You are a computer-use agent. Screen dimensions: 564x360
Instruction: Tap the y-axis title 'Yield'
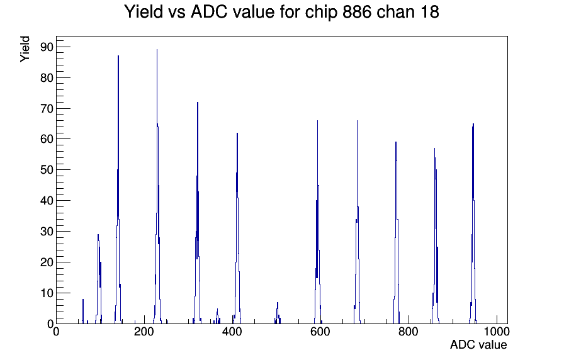pos(25,49)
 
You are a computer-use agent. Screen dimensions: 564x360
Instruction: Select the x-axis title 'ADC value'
pos(478,344)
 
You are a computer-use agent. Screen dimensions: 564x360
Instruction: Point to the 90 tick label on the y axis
pos(47,47)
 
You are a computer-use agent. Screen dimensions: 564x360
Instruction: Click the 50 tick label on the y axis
pos(47,170)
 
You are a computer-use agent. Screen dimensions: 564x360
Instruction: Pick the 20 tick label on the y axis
pos(47,262)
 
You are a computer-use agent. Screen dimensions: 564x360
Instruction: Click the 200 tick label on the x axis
pos(144,331)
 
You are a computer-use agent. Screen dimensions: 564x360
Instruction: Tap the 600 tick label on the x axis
pos(320,331)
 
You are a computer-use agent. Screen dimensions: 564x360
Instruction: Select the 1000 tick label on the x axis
pos(497,331)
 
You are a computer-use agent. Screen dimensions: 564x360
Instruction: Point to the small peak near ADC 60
pos(82,312)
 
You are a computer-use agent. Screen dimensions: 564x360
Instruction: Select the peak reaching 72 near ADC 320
pos(198,213)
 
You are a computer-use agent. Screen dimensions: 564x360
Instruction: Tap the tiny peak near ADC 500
pos(278,313)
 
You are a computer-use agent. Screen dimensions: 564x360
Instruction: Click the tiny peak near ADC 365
pos(217,316)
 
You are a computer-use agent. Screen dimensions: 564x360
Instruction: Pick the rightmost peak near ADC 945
pos(473,223)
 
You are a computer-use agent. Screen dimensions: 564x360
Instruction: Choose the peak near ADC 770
pos(396,233)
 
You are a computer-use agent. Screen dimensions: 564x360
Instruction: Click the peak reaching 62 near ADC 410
pos(237,228)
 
